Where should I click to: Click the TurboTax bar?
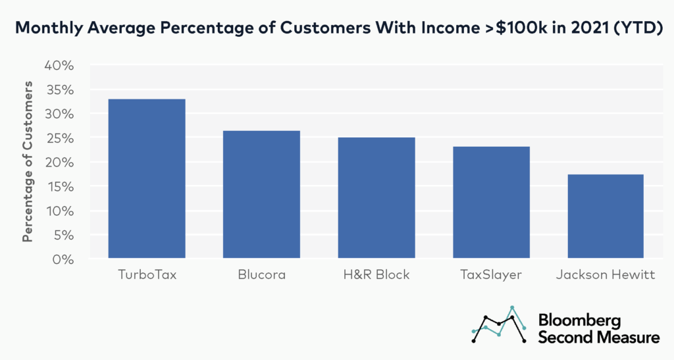(x=147, y=178)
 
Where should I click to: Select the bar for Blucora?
(x=261, y=194)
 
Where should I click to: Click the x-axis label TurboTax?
(x=147, y=274)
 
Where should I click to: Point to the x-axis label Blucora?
(x=261, y=274)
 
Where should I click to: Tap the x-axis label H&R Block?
(x=376, y=274)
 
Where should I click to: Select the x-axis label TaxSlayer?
(x=491, y=274)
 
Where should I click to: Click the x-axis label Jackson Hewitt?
(x=605, y=274)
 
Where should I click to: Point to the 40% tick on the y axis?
(x=61, y=65)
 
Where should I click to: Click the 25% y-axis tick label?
(x=61, y=138)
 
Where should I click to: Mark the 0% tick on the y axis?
(x=65, y=259)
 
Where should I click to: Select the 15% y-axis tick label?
(x=61, y=187)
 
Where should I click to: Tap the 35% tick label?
(x=61, y=90)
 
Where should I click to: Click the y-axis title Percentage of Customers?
(x=28, y=162)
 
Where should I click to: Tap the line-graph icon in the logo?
(x=499, y=324)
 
